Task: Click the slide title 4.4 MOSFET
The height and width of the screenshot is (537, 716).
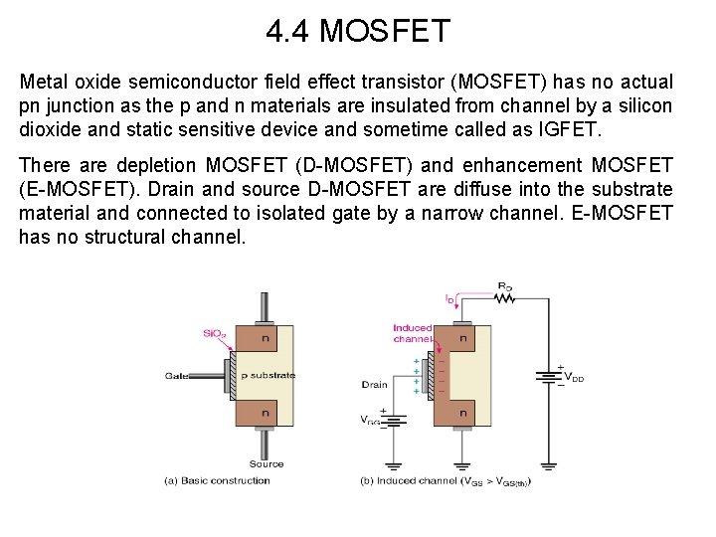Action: click(358, 32)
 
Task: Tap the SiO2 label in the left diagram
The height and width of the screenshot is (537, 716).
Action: click(214, 333)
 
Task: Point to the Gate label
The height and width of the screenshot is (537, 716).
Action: click(178, 375)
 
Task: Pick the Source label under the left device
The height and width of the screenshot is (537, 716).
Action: click(267, 463)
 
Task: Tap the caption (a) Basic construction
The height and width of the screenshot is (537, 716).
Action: click(217, 481)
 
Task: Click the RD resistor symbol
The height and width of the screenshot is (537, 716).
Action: click(504, 292)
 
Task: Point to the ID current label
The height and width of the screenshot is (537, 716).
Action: click(450, 298)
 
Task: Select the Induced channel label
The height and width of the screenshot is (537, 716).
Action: click(412, 333)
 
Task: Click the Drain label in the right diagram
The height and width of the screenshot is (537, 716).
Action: click(375, 384)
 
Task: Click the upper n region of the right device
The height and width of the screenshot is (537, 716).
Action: click(463, 339)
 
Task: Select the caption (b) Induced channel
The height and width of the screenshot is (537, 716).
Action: click(446, 482)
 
